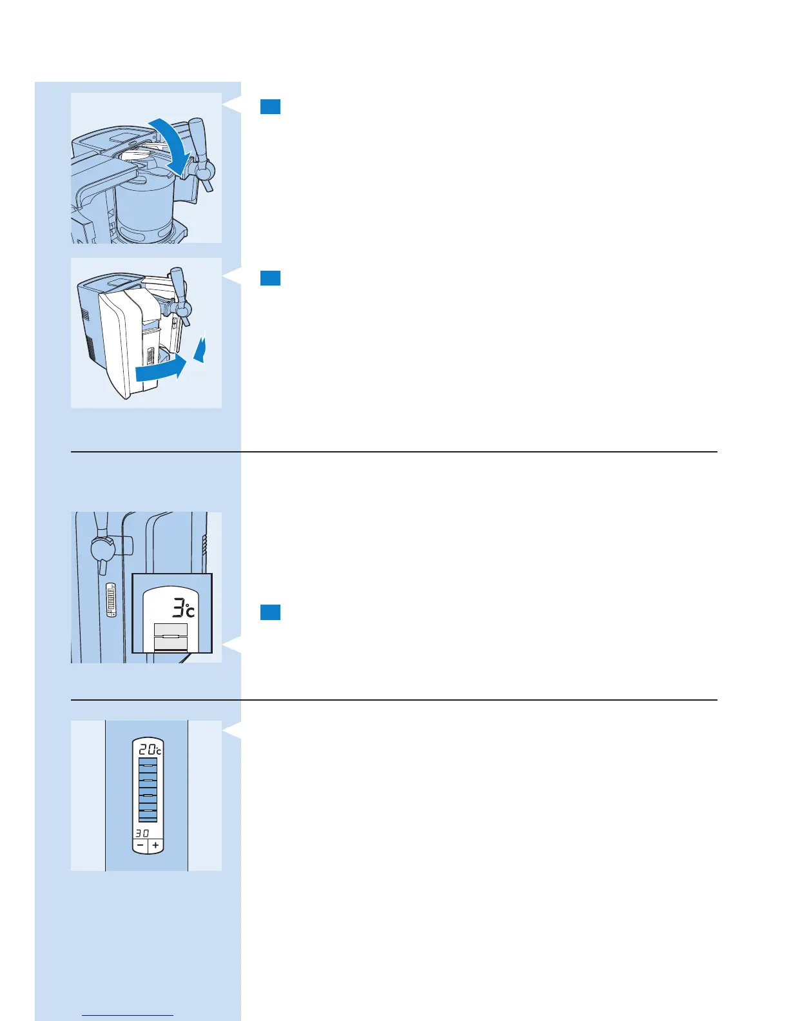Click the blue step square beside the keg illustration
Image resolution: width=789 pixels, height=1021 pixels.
coord(270,106)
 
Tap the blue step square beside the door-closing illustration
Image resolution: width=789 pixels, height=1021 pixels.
coord(270,278)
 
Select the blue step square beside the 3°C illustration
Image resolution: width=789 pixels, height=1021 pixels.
coord(270,612)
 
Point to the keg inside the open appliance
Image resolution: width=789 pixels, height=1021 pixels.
coord(147,206)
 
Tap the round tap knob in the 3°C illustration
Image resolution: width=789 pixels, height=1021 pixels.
coord(102,549)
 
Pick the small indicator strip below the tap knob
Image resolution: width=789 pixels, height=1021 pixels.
coord(111,600)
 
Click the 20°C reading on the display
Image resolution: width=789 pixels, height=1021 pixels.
coord(149,750)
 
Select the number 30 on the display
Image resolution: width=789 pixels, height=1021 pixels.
coord(142,833)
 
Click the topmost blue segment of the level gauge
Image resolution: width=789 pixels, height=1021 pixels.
coord(148,762)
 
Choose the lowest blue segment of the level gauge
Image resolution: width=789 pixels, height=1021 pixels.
coord(148,817)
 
